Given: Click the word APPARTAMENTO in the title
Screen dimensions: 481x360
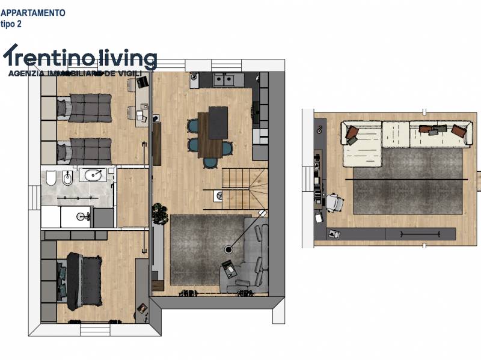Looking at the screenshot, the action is (x=33, y=13).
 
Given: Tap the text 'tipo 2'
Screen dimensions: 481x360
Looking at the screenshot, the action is (x=11, y=24).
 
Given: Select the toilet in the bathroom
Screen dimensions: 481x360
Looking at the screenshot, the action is (x=51, y=178).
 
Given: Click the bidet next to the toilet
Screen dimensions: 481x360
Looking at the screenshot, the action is (x=67, y=178).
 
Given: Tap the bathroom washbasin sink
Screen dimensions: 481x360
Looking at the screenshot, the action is (x=93, y=175).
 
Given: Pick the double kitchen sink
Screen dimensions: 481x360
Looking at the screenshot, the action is (x=223, y=79).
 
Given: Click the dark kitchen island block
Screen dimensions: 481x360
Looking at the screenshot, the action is (x=218, y=123).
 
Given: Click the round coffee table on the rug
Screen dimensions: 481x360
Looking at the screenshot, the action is (x=228, y=249).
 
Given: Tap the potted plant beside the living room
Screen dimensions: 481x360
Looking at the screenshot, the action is (x=160, y=213).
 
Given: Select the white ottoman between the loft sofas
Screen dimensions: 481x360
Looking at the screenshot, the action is (x=396, y=133).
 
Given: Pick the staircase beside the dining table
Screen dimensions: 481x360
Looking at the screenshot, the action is (x=244, y=189).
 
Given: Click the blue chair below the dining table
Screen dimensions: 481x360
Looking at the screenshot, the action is (x=210, y=163).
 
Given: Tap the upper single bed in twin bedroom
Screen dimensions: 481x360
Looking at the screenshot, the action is (x=84, y=108).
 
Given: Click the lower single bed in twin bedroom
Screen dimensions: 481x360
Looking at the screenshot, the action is (x=84, y=152).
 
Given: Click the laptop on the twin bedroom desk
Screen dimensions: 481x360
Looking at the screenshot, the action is (x=142, y=82).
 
